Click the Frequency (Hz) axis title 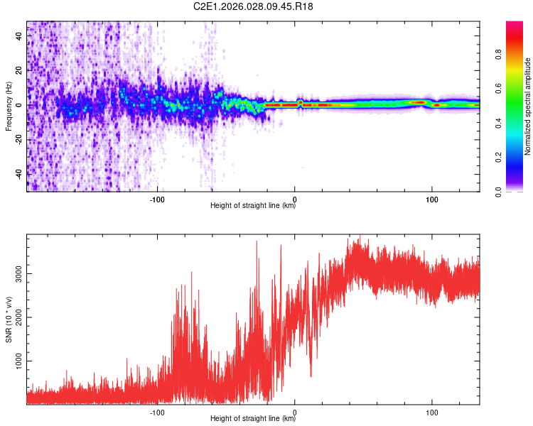coord(9,106)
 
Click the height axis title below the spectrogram coord(253,206)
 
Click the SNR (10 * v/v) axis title coord(9,319)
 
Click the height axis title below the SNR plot coord(253,419)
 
